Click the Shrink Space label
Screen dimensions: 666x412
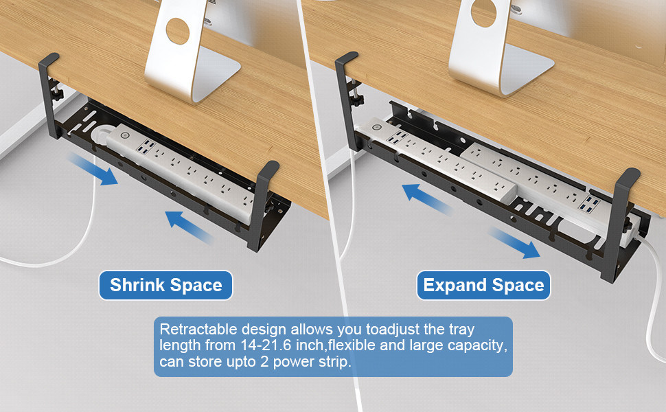click(165, 285)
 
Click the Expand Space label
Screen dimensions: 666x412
click(483, 285)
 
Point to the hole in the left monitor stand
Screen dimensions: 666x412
click(178, 31)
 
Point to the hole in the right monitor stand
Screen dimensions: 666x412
click(483, 13)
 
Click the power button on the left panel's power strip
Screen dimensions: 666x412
click(125, 135)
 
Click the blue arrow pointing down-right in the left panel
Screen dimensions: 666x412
click(93, 170)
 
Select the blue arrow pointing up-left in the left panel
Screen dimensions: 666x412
click(189, 227)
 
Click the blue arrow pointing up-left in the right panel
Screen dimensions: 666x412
click(427, 198)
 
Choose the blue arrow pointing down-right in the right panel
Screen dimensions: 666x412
click(514, 243)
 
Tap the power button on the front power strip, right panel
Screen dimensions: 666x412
click(376, 126)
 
